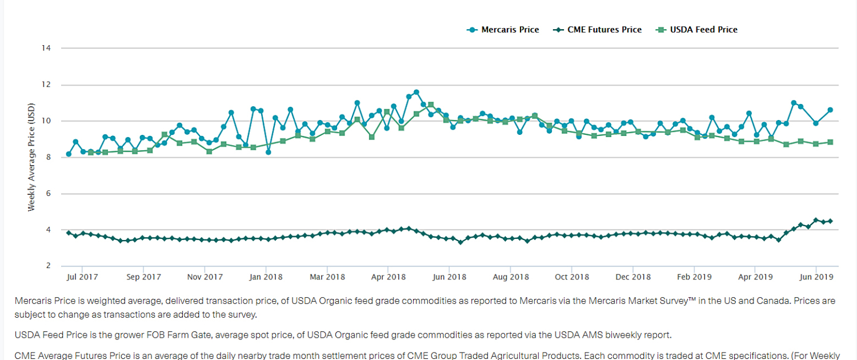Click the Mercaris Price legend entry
point(503,30)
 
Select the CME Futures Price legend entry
point(598,30)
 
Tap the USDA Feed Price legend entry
point(697,30)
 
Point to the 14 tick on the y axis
point(47,48)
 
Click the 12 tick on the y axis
point(47,85)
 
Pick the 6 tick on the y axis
point(49,194)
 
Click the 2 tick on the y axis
point(49,266)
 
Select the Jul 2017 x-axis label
point(82,277)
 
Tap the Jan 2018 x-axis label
point(266,277)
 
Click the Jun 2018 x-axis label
point(450,277)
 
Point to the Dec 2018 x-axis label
point(634,277)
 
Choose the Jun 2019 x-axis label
point(816,277)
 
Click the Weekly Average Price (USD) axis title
point(31,157)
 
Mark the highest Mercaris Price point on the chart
point(416,92)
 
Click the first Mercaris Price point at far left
point(69,154)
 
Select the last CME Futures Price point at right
point(830,221)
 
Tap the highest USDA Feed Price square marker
point(431,105)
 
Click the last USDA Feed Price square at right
point(830,142)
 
